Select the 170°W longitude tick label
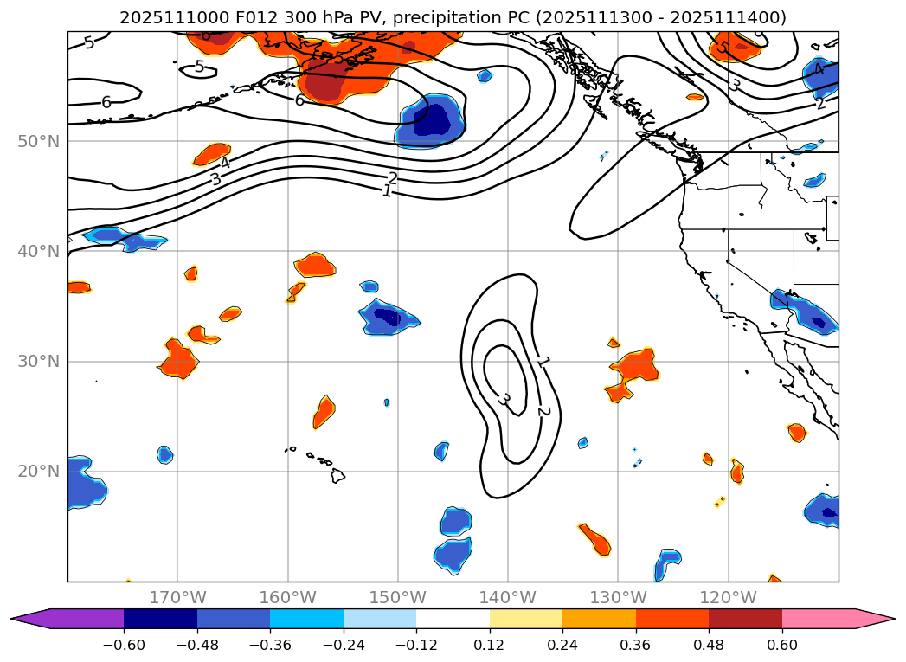pyautogui.click(x=177, y=597)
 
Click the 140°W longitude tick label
pyautogui.click(x=507, y=597)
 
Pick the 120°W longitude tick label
pyautogui.click(x=728, y=597)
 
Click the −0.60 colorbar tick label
pyautogui.click(x=124, y=645)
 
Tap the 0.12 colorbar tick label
pyautogui.click(x=490, y=645)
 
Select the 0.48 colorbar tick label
pyautogui.click(x=709, y=645)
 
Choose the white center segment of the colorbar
pyautogui.click(x=453, y=619)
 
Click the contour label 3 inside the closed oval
pyautogui.click(x=503, y=399)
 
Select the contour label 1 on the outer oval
pyautogui.click(x=543, y=363)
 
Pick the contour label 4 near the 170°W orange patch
pyautogui.click(x=224, y=163)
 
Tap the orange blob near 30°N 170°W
pyautogui.click(x=178, y=358)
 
